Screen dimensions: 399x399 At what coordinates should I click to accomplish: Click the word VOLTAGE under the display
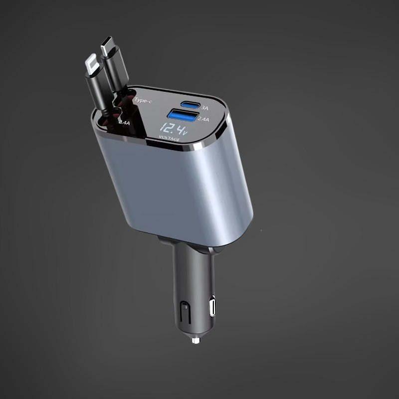pyautogui.click(x=169, y=139)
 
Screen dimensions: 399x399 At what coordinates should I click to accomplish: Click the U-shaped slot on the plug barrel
pyautogui.click(x=184, y=311)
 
